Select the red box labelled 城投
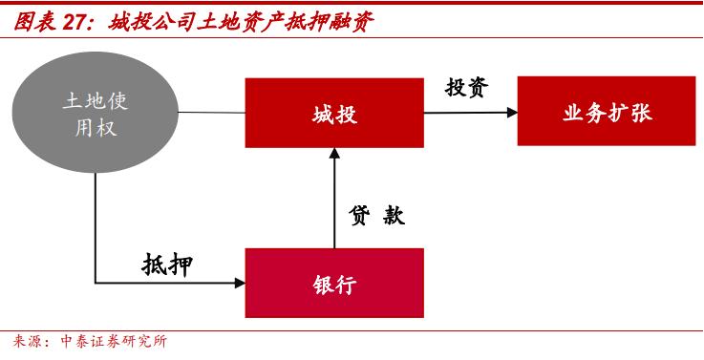(334, 113)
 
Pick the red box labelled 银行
(334, 283)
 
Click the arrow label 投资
(466, 87)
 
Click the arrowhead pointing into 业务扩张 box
(511, 112)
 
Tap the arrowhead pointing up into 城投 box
(334, 154)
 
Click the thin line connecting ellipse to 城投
(211, 113)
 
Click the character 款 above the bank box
(394, 216)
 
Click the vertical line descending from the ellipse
(96, 229)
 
